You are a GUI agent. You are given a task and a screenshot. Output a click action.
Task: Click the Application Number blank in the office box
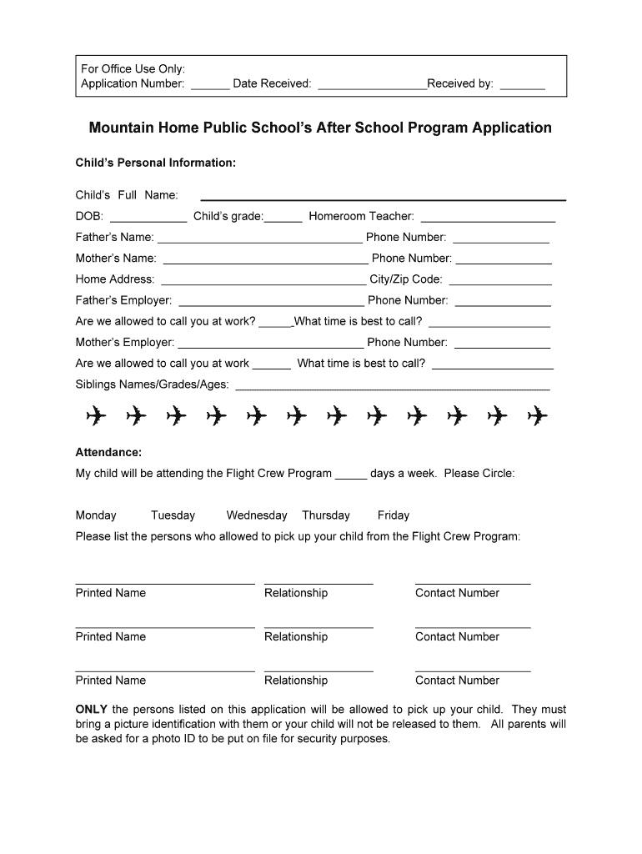point(210,86)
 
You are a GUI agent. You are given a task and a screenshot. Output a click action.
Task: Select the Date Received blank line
point(372,86)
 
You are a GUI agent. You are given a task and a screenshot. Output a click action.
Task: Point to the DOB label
point(89,216)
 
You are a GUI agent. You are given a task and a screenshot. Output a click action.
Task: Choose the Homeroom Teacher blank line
point(488,219)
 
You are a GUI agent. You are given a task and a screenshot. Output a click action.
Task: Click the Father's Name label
point(114,237)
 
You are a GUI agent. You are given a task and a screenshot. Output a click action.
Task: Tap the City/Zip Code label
point(406,279)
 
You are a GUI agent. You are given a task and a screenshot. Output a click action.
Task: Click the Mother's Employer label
point(125,342)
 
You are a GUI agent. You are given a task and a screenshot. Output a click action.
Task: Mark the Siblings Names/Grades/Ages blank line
point(393,388)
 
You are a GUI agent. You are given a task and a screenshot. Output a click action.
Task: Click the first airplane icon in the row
point(96,414)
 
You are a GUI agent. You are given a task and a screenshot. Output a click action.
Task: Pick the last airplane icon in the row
point(537,414)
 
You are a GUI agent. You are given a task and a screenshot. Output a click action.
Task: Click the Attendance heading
point(108,452)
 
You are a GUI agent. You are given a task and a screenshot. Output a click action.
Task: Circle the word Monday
point(96,515)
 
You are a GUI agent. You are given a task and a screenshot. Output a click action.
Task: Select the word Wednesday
point(257,515)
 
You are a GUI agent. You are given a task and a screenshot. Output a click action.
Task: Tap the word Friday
point(394,515)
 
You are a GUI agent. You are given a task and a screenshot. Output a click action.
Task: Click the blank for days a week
point(351,476)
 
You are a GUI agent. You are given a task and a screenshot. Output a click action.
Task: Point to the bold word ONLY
point(91,710)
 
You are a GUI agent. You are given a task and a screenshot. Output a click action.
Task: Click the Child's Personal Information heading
point(156,163)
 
